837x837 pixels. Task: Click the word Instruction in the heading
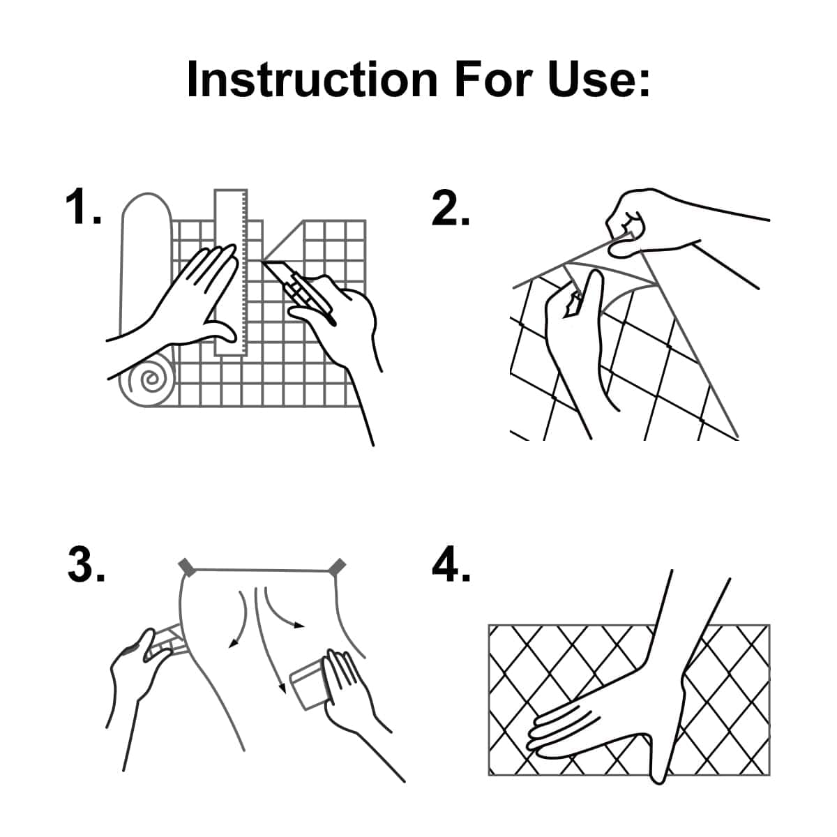pyautogui.click(x=312, y=80)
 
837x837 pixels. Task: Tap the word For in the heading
pyautogui.click(x=493, y=80)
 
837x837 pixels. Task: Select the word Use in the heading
pyautogui.click(x=599, y=80)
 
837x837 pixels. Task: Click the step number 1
pyautogui.click(x=83, y=206)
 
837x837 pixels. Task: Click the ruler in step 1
pyautogui.click(x=231, y=273)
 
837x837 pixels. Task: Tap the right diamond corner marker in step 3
pyautogui.click(x=337, y=567)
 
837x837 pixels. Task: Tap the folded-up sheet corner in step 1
pyautogui.click(x=282, y=241)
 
